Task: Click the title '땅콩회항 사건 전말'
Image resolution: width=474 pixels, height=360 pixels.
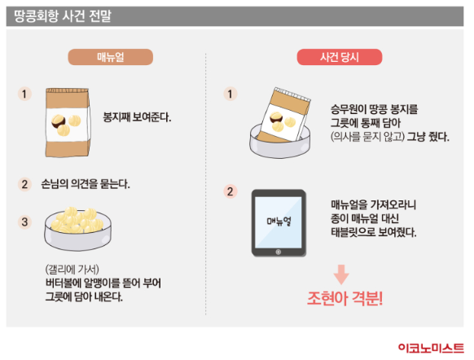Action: point(63,15)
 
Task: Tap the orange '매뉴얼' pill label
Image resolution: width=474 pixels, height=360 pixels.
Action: point(110,57)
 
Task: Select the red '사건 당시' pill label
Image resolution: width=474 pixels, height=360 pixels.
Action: point(340,57)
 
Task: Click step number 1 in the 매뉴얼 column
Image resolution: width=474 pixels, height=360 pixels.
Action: point(24,94)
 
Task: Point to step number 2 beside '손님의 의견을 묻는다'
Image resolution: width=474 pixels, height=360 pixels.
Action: point(24,184)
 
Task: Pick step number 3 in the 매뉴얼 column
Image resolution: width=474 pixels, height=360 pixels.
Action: point(24,222)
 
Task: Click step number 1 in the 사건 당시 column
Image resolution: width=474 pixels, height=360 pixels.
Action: point(230,94)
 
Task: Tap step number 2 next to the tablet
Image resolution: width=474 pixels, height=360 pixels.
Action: point(230,191)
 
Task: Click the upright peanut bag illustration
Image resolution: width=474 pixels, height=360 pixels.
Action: point(68,122)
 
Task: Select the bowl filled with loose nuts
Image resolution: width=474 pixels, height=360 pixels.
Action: point(77,229)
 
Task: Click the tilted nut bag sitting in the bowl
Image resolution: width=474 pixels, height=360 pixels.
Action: point(285,116)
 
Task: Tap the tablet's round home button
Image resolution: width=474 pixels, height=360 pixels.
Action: point(279,252)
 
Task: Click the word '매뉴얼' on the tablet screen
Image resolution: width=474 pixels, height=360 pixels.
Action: point(279,222)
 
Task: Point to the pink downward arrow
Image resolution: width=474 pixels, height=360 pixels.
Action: point(341,274)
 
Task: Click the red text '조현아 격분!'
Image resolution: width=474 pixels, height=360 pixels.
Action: point(345,299)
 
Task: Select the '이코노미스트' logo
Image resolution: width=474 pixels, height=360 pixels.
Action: point(431,349)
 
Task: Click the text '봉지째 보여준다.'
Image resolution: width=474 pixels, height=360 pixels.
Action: point(138,117)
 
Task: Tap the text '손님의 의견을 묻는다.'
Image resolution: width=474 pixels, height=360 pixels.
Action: point(86,184)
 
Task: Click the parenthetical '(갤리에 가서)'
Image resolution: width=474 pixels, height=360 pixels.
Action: point(72,269)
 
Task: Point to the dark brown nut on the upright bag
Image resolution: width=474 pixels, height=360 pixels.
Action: point(58,121)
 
